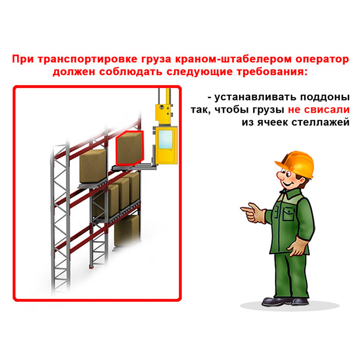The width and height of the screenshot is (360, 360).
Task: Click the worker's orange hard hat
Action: coord(296,164)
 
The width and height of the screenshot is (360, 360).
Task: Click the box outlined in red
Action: coord(130,148)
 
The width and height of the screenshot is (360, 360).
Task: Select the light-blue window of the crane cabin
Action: coord(166,139)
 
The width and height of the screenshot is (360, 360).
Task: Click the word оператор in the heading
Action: coord(322,60)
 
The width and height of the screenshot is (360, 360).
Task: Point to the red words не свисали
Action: coord(319,110)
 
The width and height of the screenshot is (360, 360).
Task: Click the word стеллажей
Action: coord(320,122)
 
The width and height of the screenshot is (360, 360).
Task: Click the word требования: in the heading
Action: coord(272,72)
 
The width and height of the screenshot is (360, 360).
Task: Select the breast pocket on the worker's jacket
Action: coord(289,213)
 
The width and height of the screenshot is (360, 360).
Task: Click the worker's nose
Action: coord(281,176)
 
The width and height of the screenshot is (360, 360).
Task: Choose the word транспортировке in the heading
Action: coord(87,60)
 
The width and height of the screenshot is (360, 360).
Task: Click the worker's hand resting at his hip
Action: coord(298,246)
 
